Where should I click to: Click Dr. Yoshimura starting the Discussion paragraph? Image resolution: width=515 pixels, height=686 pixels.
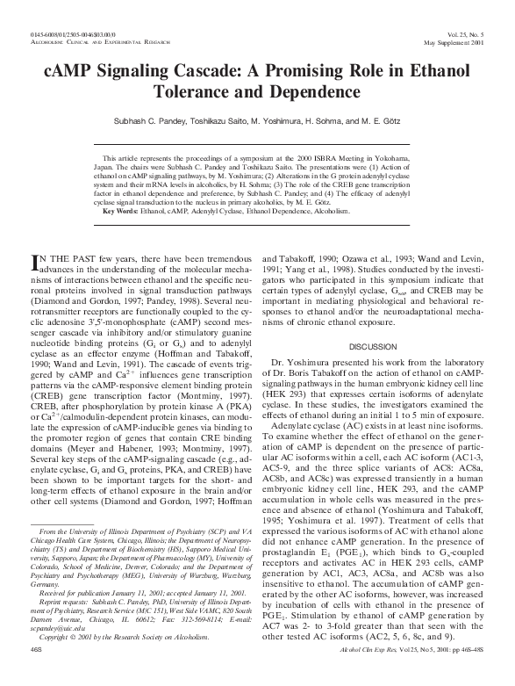[x=298, y=337]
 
